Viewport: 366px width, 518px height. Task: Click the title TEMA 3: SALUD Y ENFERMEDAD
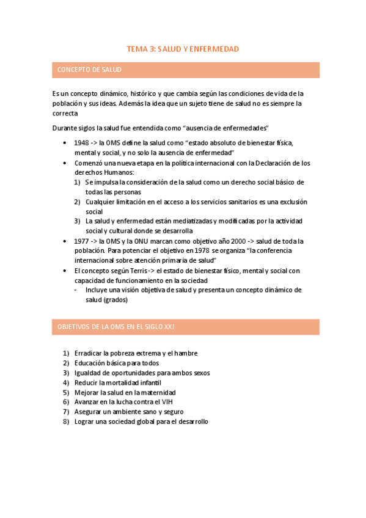tap(183, 48)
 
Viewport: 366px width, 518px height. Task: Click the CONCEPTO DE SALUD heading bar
tap(183, 70)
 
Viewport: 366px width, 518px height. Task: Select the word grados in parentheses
tap(115, 300)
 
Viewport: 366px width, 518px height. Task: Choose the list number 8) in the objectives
tap(66, 421)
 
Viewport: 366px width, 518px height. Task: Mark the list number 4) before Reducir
tap(66, 382)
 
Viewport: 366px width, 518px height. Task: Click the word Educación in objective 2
tap(90, 363)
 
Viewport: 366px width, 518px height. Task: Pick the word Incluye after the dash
tap(98, 290)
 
